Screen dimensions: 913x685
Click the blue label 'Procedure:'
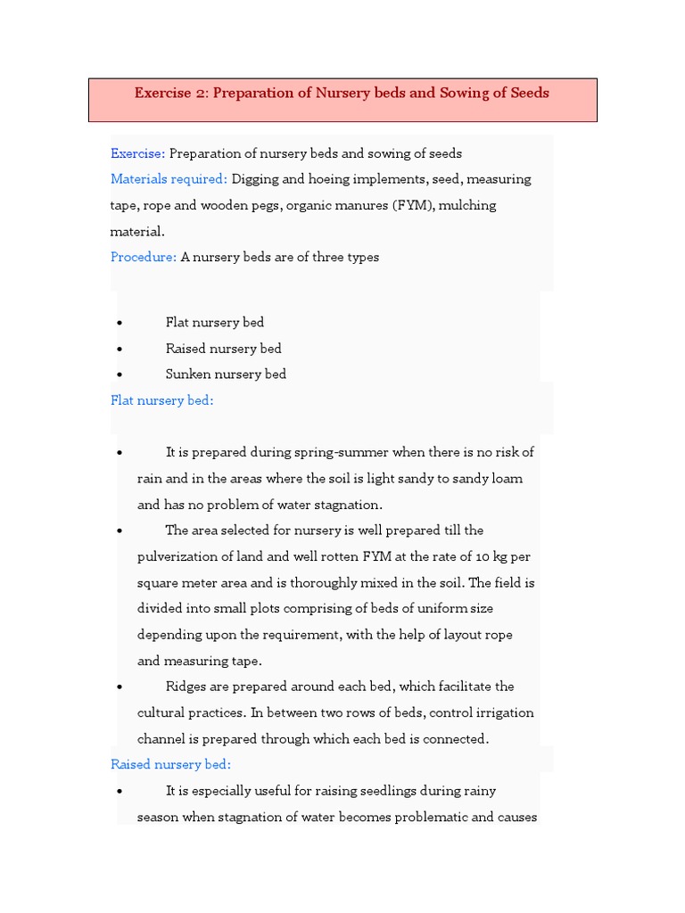coord(144,257)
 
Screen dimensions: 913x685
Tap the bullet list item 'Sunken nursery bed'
coord(226,374)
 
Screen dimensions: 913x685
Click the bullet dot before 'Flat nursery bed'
coord(120,323)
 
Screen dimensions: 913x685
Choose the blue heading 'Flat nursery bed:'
coord(161,400)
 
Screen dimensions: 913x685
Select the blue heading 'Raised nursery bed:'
coord(170,764)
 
